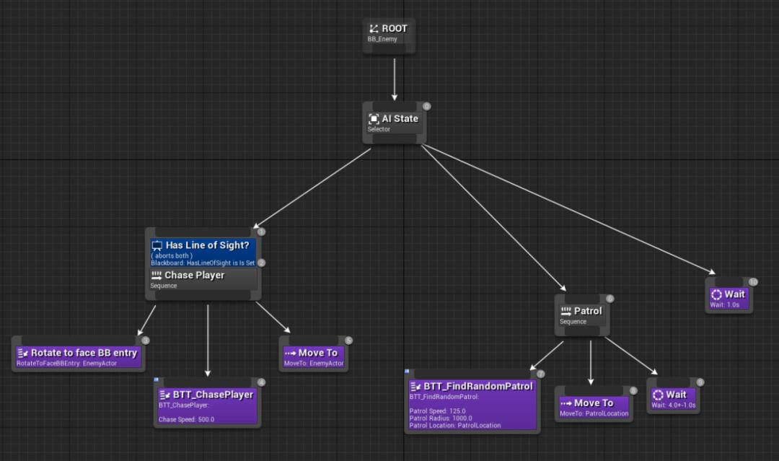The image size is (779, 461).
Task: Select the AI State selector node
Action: [x=395, y=123]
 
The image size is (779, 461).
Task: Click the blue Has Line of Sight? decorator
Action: [x=203, y=253]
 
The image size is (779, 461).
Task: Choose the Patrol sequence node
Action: [x=582, y=315]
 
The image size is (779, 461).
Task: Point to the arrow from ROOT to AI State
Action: [x=395, y=79]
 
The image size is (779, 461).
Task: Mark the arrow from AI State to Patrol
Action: [x=493, y=218]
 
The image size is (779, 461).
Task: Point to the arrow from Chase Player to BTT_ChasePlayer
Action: [x=208, y=341]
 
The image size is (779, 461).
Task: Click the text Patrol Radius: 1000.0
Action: [x=441, y=418]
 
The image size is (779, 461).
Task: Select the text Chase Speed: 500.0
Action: [x=186, y=419]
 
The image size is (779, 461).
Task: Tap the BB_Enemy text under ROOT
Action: [x=382, y=39]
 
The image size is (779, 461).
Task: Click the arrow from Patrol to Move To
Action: [x=591, y=363]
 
